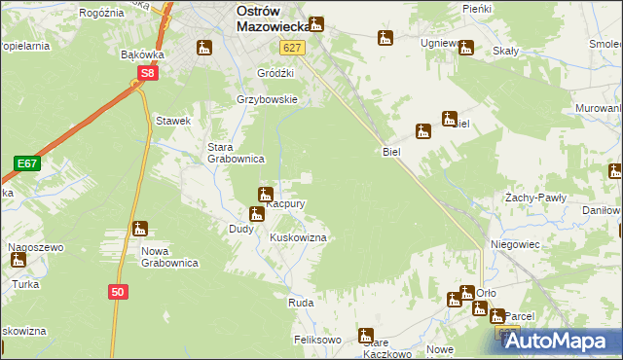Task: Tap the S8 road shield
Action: click(x=146, y=73)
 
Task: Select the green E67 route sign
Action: click(x=26, y=163)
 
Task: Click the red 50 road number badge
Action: click(x=117, y=291)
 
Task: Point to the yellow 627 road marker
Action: click(x=291, y=48)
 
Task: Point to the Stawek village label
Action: click(x=172, y=121)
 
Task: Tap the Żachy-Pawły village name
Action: click(x=534, y=198)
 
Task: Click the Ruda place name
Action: click(x=300, y=303)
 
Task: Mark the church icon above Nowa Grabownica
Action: click(x=140, y=230)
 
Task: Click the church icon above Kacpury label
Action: click(x=264, y=195)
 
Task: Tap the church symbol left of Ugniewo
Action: click(x=385, y=39)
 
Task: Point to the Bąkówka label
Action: click(x=140, y=54)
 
